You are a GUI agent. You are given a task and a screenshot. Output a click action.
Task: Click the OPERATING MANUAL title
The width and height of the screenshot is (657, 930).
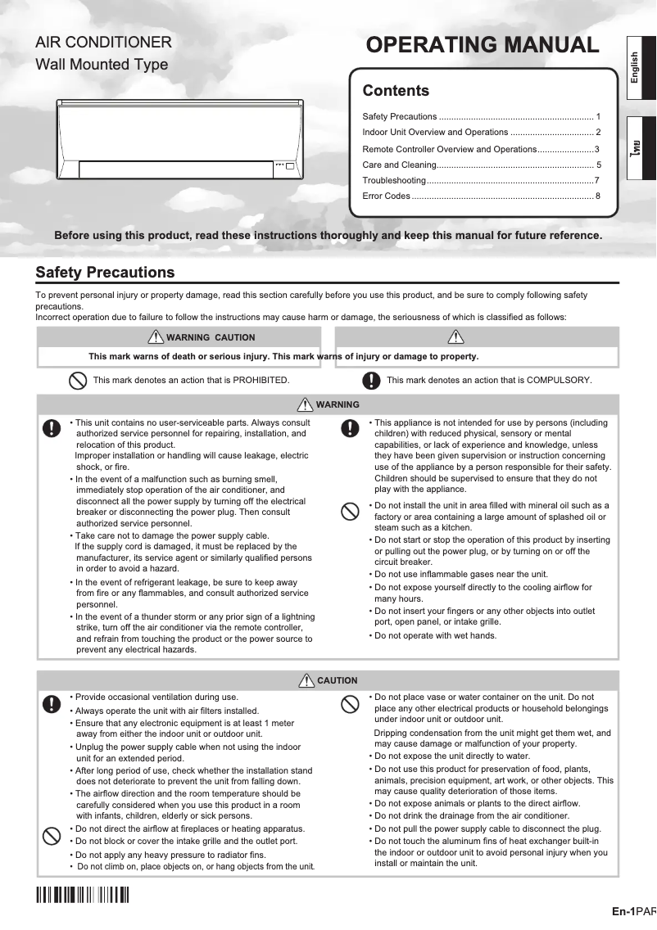pos(483,45)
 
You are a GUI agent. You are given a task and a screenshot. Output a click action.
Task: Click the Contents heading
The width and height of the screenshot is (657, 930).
pos(396,91)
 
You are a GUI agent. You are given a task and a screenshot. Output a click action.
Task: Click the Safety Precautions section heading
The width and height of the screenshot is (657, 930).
pos(105,273)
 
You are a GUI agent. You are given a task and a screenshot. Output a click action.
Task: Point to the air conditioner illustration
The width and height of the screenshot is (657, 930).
pos(179,140)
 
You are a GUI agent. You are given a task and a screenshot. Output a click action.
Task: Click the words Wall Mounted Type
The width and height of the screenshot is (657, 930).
pos(102,65)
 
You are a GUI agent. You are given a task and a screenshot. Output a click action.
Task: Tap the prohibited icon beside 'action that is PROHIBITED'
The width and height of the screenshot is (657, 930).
pos(77,381)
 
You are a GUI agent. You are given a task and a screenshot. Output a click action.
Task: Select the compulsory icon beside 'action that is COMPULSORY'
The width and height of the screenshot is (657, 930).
pos(372,381)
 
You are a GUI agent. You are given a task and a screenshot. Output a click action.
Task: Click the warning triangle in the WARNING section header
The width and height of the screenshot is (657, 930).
pos(306,404)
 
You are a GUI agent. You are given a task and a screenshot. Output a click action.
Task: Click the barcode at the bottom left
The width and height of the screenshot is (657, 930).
pos(83,895)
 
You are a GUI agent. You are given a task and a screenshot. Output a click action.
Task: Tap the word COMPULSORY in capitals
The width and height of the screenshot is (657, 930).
pos(559,381)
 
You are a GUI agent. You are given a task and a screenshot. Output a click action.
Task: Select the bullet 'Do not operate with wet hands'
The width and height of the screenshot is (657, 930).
pos(435,636)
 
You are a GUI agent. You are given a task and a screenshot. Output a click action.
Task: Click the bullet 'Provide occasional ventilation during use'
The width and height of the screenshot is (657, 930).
pos(156,697)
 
